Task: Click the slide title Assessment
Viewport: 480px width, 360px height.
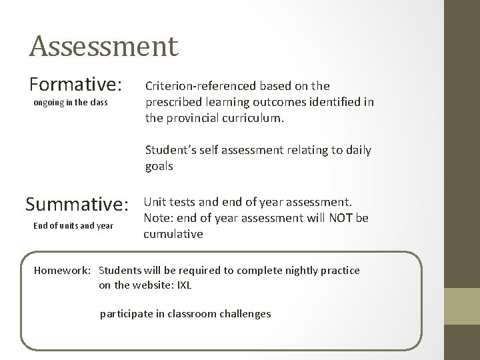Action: [103, 46]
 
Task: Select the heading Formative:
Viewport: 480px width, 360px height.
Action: [75, 85]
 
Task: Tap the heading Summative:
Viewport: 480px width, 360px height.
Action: [75, 203]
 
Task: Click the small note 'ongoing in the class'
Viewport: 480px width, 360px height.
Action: [70, 104]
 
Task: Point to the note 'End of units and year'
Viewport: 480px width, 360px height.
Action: [73, 225]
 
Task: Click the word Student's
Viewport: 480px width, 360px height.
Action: [168, 151]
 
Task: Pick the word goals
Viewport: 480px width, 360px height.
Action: [159, 167]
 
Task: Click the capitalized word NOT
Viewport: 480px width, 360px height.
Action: [344, 217]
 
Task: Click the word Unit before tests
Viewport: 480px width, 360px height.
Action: [155, 201]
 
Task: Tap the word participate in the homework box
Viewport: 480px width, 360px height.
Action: [127, 313]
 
